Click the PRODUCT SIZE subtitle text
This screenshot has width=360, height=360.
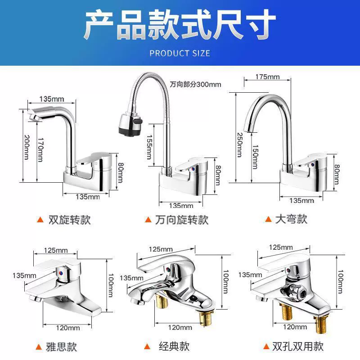pyautogui.click(x=180, y=54)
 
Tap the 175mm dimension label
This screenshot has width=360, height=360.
pyautogui.click(x=267, y=76)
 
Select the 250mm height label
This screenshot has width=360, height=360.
pyautogui.click(x=239, y=145)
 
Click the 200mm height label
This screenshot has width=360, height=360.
pyautogui.click(x=27, y=147)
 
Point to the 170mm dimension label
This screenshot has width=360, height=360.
pyautogui.click(x=40, y=150)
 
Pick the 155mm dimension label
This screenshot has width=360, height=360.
pyautogui.click(x=149, y=147)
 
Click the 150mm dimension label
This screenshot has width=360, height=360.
pyautogui.click(x=255, y=157)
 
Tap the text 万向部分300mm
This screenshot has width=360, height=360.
pyautogui.click(x=195, y=85)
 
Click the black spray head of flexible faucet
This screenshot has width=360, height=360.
pyautogui.click(x=130, y=126)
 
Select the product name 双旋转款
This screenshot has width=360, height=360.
pyautogui.click(x=70, y=220)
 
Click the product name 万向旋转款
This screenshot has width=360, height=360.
pyautogui.click(x=182, y=220)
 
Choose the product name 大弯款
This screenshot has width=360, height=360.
pyautogui.click(x=291, y=219)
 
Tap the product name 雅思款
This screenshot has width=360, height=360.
pyautogui.click(x=61, y=346)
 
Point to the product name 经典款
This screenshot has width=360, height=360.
pyautogui.click(x=174, y=346)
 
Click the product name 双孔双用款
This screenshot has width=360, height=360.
pyautogui.click(x=298, y=346)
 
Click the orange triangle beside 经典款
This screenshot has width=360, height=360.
pyautogui.click(x=147, y=346)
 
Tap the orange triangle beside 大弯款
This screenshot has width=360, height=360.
pyautogui.click(x=268, y=219)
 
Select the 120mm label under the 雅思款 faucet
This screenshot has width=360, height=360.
pyautogui.click(x=68, y=328)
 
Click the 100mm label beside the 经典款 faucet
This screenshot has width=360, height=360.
pyautogui.click(x=225, y=282)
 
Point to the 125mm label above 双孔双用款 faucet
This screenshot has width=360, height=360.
pyautogui.click(x=281, y=247)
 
